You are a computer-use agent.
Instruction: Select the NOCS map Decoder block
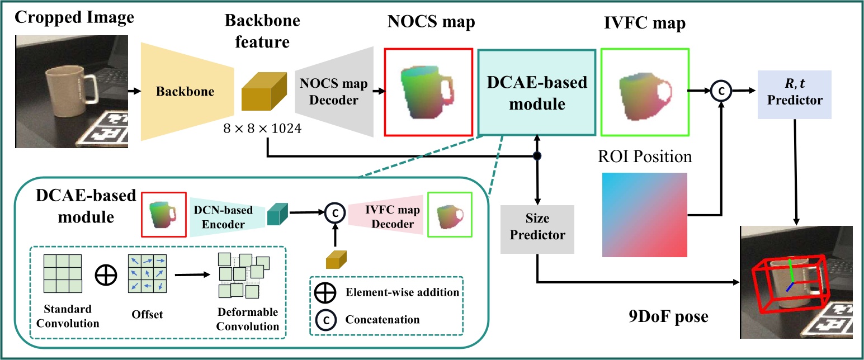tap(334, 92)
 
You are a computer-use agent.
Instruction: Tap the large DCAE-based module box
tap(536, 92)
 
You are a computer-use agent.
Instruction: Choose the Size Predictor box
tap(537, 229)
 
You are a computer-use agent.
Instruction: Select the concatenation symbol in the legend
tap(327, 320)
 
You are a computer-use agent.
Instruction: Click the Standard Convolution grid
tap(62, 272)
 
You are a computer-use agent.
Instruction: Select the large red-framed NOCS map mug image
tap(428, 92)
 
